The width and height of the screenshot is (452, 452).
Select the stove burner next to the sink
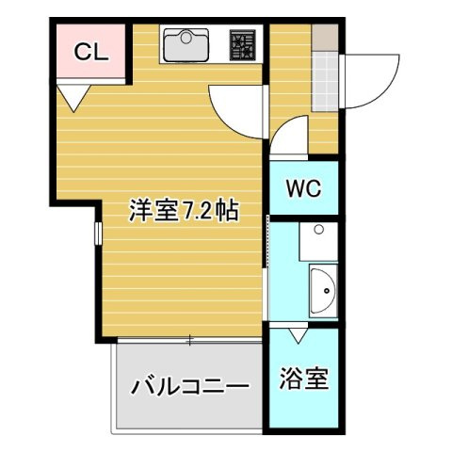coord(242,43)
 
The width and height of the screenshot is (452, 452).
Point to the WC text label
coord(303,187)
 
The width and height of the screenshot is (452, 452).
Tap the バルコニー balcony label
coord(189,385)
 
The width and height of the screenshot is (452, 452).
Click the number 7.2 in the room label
coord(197,211)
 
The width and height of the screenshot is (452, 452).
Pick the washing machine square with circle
coord(318,241)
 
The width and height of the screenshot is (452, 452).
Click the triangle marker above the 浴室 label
coord(299,334)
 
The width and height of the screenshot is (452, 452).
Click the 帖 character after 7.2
coord(227,211)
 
